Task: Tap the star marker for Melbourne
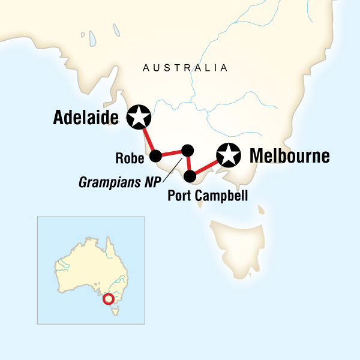point(229,155)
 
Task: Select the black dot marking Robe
point(155,157)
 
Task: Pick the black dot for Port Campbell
point(190,176)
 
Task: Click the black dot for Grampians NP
point(187,150)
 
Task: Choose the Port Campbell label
point(208,196)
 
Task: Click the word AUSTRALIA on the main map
point(185,68)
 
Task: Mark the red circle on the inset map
point(109,299)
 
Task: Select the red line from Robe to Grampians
point(171,153)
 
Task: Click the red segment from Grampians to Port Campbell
point(188,163)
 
